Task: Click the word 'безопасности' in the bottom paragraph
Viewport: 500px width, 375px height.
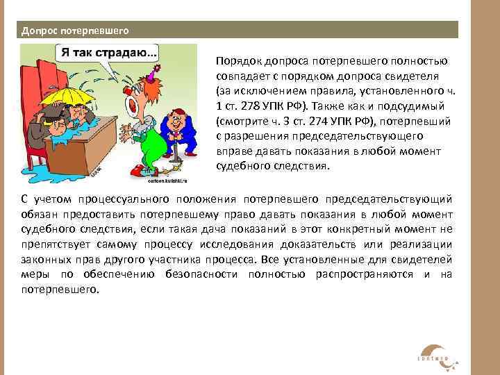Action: tap(201, 275)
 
